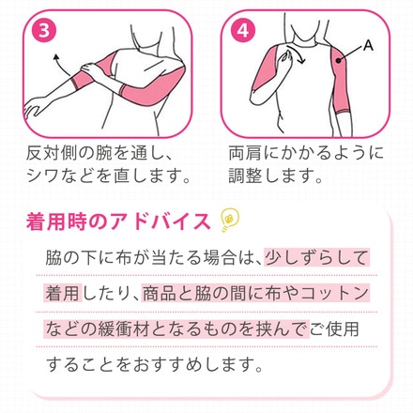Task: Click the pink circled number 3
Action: (x=44, y=31)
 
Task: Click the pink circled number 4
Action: (x=243, y=31)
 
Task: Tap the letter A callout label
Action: (x=368, y=46)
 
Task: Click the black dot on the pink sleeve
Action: (x=338, y=60)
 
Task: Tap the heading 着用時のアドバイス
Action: (x=118, y=222)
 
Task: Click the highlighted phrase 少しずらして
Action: (x=316, y=258)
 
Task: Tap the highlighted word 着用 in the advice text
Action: (x=63, y=293)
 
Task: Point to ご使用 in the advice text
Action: (x=334, y=329)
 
